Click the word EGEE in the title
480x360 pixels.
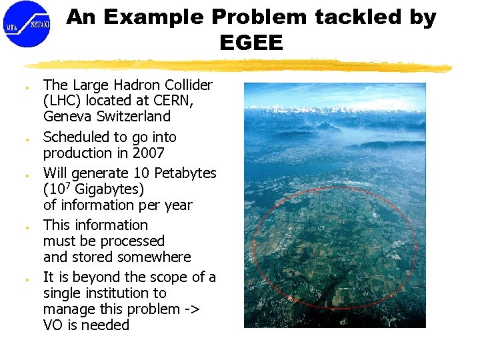[251, 43]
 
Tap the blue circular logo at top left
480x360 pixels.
[26, 23]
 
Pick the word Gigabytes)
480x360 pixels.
[109, 189]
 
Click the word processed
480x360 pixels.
[131, 241]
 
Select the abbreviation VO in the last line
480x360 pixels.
[54, 325]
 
